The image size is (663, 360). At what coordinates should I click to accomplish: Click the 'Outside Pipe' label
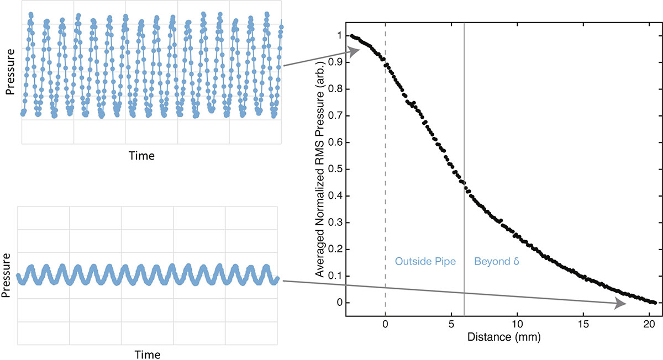[x=425, y=262]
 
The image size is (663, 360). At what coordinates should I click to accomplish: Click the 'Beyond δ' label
[x=497, y=262]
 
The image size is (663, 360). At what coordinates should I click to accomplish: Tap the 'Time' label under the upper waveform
[x=141, y=156]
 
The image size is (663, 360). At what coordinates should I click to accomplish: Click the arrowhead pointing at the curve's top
[x=354, y=51]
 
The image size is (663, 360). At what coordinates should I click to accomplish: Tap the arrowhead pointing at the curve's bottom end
[x=621, y=304]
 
